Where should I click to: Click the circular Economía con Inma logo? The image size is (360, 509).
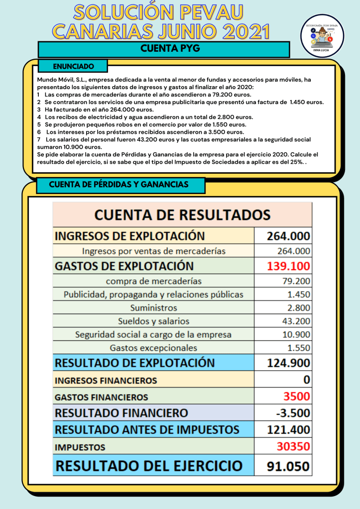tap(323, 36)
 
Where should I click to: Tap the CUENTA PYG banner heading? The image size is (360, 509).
tap(164, 49)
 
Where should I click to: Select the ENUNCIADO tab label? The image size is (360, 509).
tap(73, 66)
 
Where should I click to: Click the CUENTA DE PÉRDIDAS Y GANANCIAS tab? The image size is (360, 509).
tap(119, 185)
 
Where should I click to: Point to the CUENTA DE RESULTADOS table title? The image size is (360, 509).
tap(182, 215)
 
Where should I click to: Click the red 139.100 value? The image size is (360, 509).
tap(288, 266)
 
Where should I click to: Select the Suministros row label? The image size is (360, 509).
tap(153, 307)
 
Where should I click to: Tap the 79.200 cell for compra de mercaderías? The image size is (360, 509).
tap(296, 281)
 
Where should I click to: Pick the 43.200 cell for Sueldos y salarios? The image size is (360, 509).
tap(296, 321)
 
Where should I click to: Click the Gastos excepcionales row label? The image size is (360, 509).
tap(153, 348)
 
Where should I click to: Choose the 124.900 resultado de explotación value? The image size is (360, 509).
tap(288, 363)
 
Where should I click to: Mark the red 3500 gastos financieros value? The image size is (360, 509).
tap(296, 397)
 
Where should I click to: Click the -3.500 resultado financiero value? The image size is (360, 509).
tap(293, 413)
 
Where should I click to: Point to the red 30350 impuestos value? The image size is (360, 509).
tap(293, 446)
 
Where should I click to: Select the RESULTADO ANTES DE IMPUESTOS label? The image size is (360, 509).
tap(147, 429)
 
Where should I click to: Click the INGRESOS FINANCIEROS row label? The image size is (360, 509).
tap(106, 381)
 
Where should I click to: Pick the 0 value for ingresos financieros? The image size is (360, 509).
tap(306, 380)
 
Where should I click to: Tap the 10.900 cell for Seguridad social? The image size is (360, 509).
tap(296, 334)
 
